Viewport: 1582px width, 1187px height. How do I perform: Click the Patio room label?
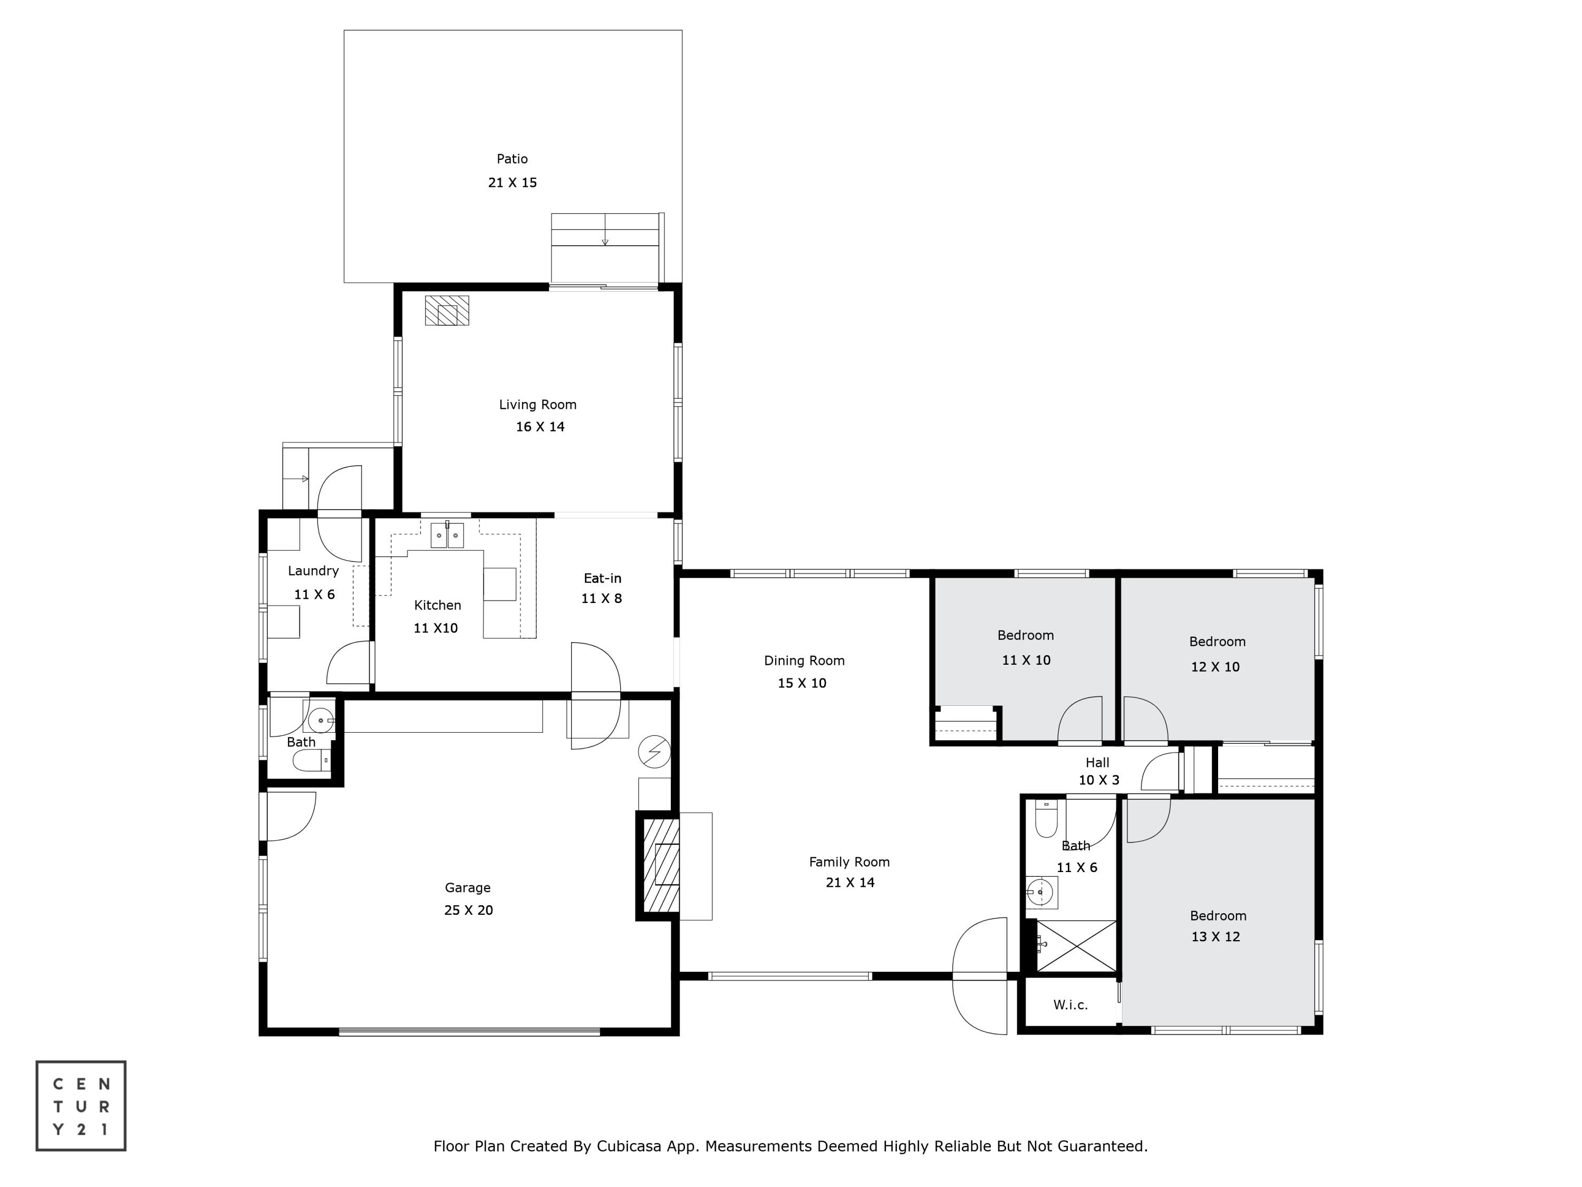[512, 159]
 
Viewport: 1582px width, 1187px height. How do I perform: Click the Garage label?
[468, 888]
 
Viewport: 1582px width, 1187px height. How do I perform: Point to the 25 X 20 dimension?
[468, 910]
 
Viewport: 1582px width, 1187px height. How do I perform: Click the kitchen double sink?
[447, 534]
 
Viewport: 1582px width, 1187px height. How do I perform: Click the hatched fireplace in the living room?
[447, 311]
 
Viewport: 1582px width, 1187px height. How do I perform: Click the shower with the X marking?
[1076, 946]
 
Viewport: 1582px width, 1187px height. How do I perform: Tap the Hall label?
[1097, 763]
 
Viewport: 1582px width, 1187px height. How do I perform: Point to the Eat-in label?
[602, 578]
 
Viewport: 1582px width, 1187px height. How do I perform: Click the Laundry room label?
[313, 571]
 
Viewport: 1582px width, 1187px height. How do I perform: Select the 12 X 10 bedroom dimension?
[1215, 667]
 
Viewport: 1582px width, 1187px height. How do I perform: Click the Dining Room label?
[804, 661]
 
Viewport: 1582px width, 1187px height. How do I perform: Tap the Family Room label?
[849, 862]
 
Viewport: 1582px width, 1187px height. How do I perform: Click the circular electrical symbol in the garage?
[654, 751]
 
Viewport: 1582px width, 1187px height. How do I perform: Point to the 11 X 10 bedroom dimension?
[1026, 660]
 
